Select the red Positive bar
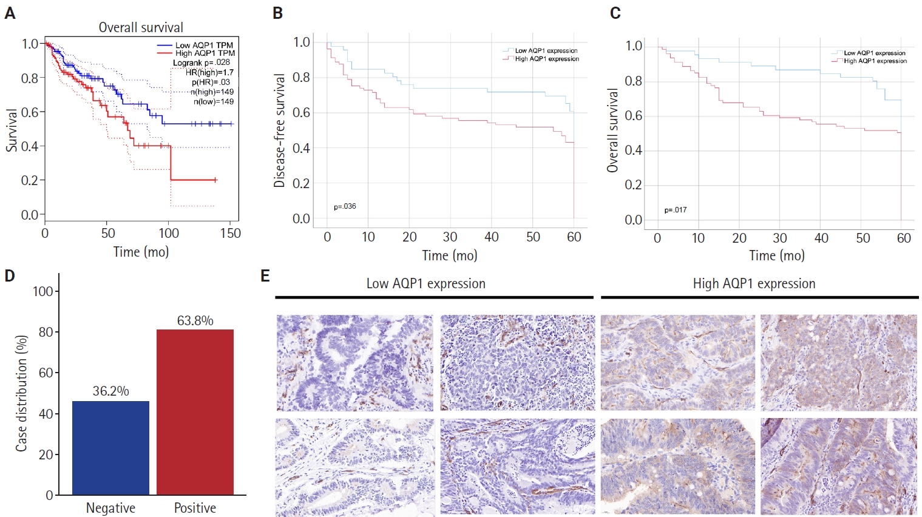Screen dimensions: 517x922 click(195, 412)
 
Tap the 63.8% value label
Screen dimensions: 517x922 click(195, 320)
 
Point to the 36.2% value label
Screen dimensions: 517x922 click(110, 391)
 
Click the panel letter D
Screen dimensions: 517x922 click(10, 276)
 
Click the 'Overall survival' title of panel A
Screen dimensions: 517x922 click(141, 27)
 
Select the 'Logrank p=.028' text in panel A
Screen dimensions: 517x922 click(201, 63)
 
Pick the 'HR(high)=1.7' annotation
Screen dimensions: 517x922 click(209, 72)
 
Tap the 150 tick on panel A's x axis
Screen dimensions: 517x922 click(231, 234)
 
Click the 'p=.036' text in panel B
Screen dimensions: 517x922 click(345, 206)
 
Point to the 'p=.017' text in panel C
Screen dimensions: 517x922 click(675, 210)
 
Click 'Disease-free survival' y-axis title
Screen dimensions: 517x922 click(279, 130)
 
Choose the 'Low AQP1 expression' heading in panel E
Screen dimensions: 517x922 click(425, 283)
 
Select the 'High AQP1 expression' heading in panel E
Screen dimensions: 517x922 click(754, 283)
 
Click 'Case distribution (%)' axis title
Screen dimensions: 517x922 click(22, 393)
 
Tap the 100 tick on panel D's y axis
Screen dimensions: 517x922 click(43, 291)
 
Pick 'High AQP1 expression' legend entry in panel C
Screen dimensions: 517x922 click(875, 61)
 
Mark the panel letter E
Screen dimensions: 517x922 click(265, 276)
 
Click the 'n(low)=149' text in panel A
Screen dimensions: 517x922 click(213, 101)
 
